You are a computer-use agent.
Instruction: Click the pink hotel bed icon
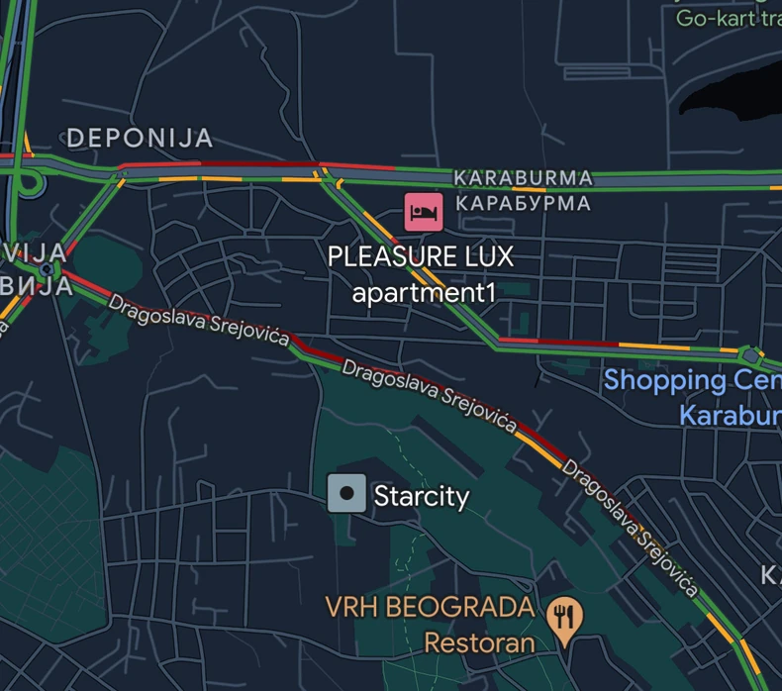pos(423,211)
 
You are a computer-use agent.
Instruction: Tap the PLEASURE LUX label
pos(421,257)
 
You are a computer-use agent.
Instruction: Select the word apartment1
pos(423,293)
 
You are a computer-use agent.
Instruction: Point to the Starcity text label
pos(421,495)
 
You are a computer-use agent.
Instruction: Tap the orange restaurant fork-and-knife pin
pos(563,618)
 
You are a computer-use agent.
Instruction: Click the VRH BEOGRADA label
pos(430,607)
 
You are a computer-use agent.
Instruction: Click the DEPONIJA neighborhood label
pos(140,139)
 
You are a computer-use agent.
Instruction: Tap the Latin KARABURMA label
pos(523,178)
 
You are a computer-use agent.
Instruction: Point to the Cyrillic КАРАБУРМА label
pos(523,204)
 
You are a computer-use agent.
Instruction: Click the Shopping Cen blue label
pos(692,380)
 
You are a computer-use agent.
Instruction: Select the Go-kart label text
pos(729,17)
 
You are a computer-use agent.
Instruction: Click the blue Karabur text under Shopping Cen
pos(730,414)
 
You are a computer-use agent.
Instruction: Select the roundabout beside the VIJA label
pos(47,269)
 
